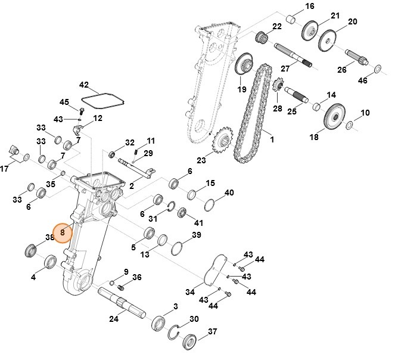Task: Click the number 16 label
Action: (309, 7)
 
